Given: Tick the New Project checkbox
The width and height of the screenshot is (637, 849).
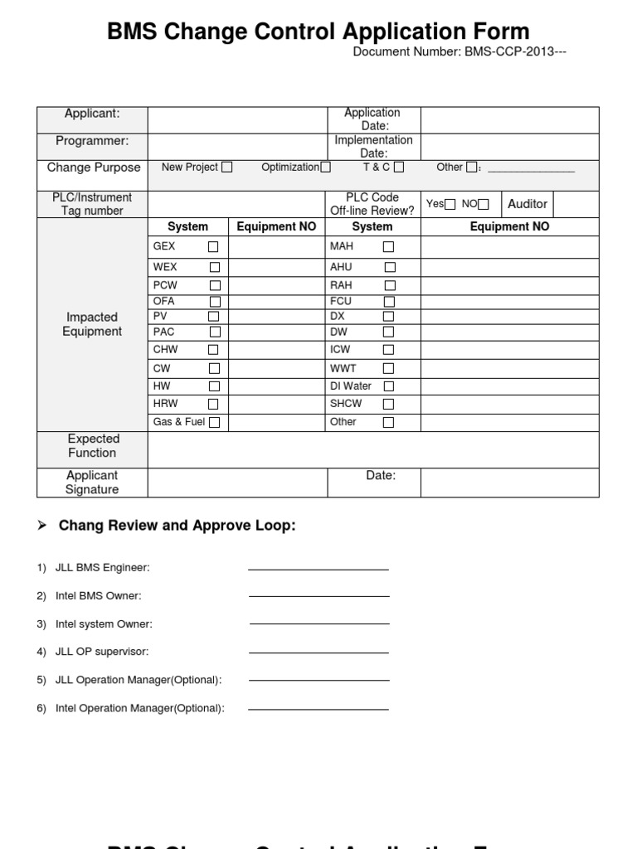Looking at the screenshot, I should pos(227,167).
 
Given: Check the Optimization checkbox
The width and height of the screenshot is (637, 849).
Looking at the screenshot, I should pos(325,167).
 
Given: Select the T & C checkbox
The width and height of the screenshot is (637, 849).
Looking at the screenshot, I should pos(399,167).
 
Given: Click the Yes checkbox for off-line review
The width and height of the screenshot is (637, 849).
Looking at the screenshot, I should pos(450,205).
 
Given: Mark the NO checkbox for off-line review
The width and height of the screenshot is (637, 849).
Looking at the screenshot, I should pos(484,205).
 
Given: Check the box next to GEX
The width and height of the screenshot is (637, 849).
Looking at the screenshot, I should pos(213,247).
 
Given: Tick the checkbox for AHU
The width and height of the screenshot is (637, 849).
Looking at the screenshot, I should pos(390,268).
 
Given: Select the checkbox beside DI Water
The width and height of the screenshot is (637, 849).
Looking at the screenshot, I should pos(388,386).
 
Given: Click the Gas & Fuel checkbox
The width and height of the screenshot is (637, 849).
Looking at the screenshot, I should pos(214,423).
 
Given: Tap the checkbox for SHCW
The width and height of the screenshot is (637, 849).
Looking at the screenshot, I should pos(388,405).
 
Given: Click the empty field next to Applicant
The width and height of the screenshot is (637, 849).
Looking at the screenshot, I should pos(237,120).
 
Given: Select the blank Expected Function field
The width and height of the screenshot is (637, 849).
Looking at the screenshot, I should pos(373,449).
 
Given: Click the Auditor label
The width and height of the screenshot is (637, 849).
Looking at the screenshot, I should pos(528,204).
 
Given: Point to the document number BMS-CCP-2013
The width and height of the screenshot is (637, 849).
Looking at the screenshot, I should pos(460,52).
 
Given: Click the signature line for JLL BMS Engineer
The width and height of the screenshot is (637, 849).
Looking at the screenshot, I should pos(318,570).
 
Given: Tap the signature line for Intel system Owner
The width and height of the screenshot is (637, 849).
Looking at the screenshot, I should pos(318,623).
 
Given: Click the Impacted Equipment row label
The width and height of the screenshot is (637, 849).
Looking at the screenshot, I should pos(92,324).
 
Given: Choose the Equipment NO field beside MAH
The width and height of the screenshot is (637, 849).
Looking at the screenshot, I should pos(509,247).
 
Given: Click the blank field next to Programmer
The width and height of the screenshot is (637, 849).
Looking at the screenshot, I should pos(237,147).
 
